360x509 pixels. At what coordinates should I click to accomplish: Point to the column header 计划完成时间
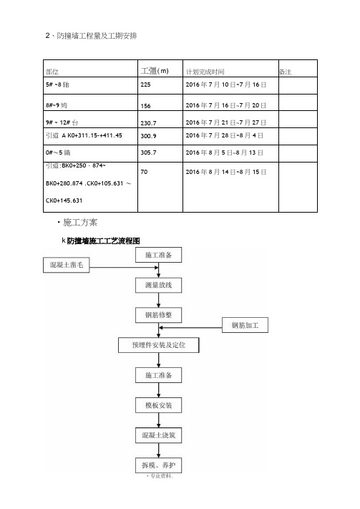pos(205,72)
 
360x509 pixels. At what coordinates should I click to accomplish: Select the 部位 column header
pos(52,72)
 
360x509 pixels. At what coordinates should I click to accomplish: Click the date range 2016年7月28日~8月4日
pos(224,135)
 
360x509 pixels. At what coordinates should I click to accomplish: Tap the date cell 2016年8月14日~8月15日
pos(226,172)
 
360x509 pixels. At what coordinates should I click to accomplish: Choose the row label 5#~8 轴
pos(57,84)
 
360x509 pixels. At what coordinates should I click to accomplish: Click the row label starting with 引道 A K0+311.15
pos(84,135)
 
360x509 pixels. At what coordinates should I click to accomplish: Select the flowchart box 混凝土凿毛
pos(67,265)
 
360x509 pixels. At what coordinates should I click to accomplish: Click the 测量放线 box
pos(158,286)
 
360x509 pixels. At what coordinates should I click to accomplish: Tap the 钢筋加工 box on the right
pos(245,325)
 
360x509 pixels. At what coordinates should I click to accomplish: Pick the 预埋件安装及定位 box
pos(158,345)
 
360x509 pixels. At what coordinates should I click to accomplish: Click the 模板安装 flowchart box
pos(158,405)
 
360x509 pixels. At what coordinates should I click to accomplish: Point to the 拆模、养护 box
pos(158,465)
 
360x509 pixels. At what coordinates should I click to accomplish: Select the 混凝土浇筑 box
pos(158,435)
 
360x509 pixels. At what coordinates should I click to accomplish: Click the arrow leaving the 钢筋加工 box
pos(190,328)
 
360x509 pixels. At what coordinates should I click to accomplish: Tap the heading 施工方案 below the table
pos(80,223)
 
